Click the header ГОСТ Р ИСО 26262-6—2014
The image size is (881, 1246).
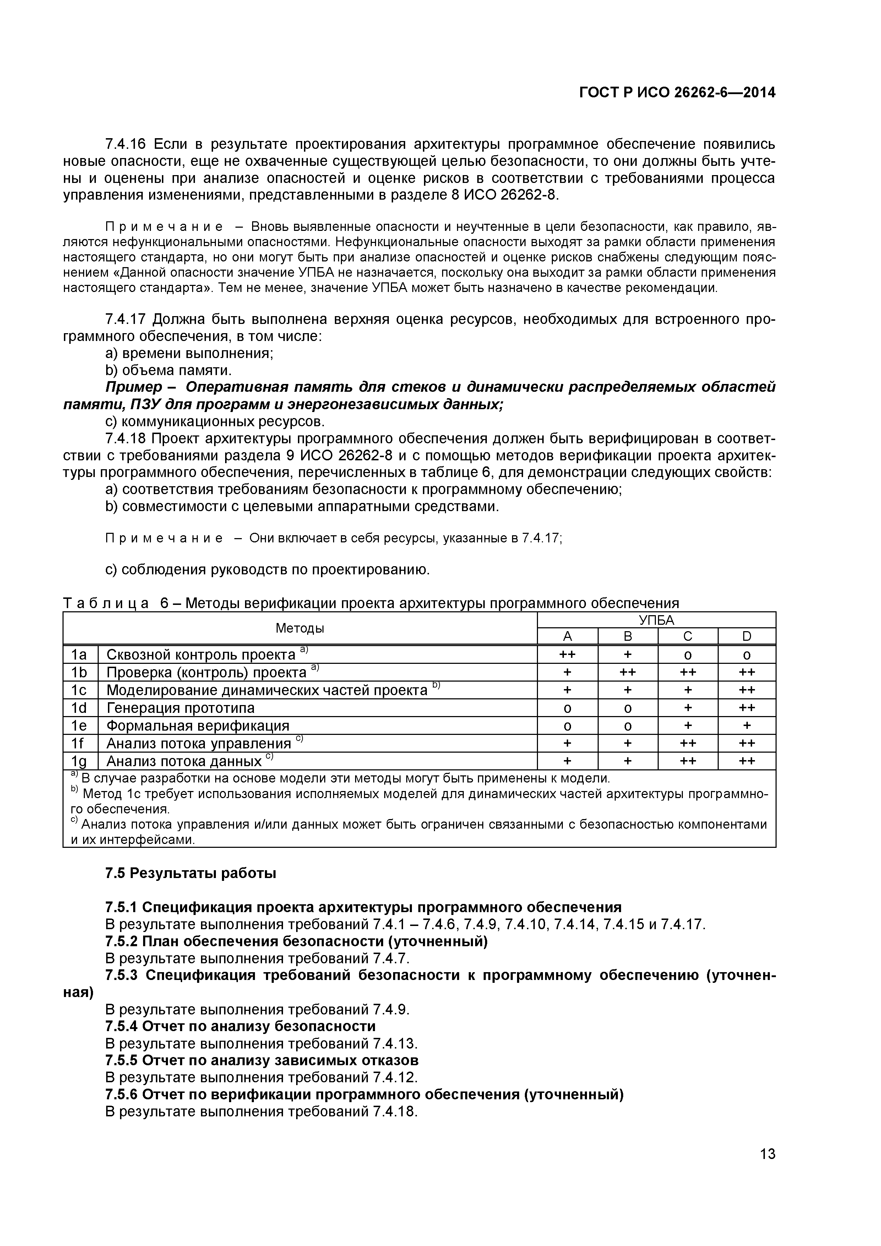677,93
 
